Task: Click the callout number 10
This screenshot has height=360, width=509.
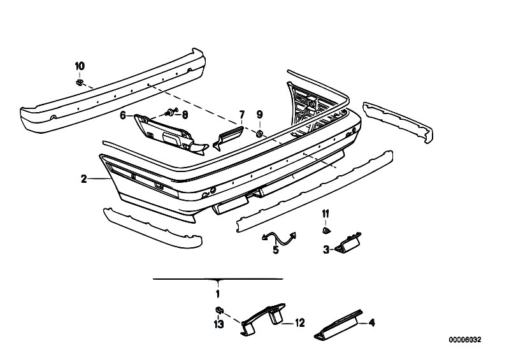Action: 80,66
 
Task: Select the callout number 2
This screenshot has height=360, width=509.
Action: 83,179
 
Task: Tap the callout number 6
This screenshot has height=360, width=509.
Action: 123,115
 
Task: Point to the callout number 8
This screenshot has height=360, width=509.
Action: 185,115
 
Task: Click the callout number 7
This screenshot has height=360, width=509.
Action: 241,115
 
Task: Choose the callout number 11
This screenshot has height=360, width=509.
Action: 325,212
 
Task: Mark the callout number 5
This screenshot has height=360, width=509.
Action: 276,250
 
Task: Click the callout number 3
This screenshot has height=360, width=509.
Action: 325,250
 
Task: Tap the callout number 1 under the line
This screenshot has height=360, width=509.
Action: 217,294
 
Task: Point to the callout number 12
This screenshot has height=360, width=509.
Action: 301,324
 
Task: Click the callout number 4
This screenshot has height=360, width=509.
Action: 372,324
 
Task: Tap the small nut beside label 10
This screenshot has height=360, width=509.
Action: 80,82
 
